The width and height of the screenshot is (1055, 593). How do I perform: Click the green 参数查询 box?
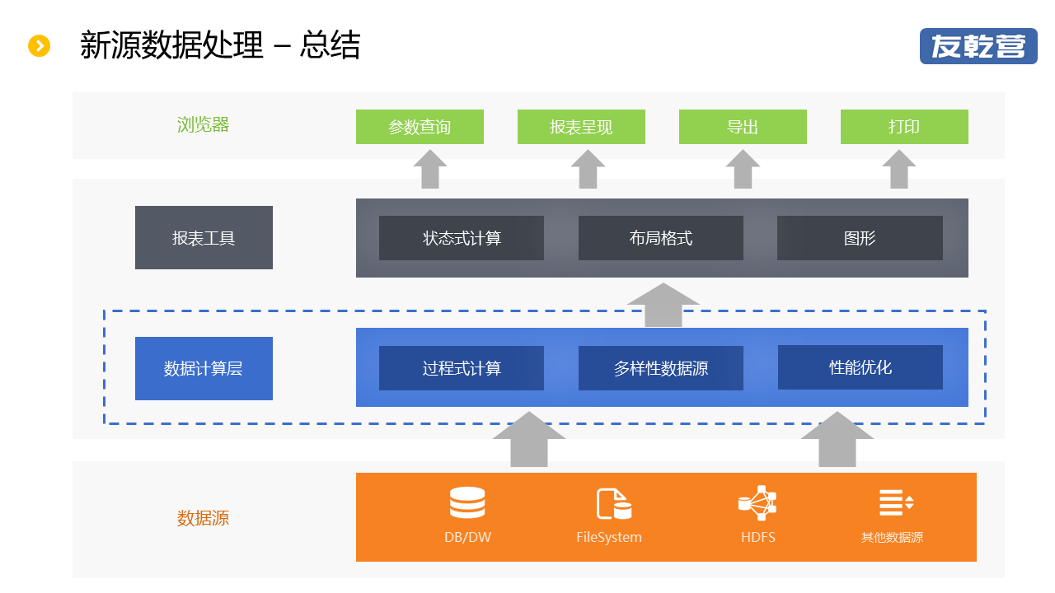click(x=420, y=127)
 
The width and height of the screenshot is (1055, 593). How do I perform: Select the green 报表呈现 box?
click(x=581, y=127)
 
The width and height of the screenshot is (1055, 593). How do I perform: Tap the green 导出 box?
click(x=743, y=127)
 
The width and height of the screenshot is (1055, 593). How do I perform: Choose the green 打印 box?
click(x=904, y=127)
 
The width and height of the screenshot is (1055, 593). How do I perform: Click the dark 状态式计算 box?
click(x=462, y=238)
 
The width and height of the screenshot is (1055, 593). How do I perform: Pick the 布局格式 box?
click(x=661, y=238)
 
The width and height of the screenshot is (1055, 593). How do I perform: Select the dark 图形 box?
click(x=860, y=238)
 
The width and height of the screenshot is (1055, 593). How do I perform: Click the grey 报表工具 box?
click(x=204, y=238)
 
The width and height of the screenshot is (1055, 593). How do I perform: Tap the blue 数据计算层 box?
click(x=204, y=368)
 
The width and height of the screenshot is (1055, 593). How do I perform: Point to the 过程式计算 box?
click(x=462, y=368)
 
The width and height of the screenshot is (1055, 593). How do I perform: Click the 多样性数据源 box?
click(x=661, y=368)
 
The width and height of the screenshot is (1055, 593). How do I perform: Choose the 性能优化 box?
click(x=860, y=367)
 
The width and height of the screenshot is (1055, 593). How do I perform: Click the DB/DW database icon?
click(x=467, y=502)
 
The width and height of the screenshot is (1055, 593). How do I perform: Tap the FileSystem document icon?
click(x=614, y=504)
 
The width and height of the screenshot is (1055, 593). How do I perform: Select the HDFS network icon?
click(x=757, y=503)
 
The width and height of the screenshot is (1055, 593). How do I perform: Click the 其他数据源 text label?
click(x=892, y=537)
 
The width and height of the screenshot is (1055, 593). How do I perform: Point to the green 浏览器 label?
click(x=203, y=124)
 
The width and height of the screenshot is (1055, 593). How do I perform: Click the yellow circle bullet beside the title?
click(x=39, y=45)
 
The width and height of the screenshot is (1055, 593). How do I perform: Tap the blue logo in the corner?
click(x=978, y=46)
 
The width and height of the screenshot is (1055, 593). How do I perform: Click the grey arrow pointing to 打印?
click(x=899, y=169)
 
